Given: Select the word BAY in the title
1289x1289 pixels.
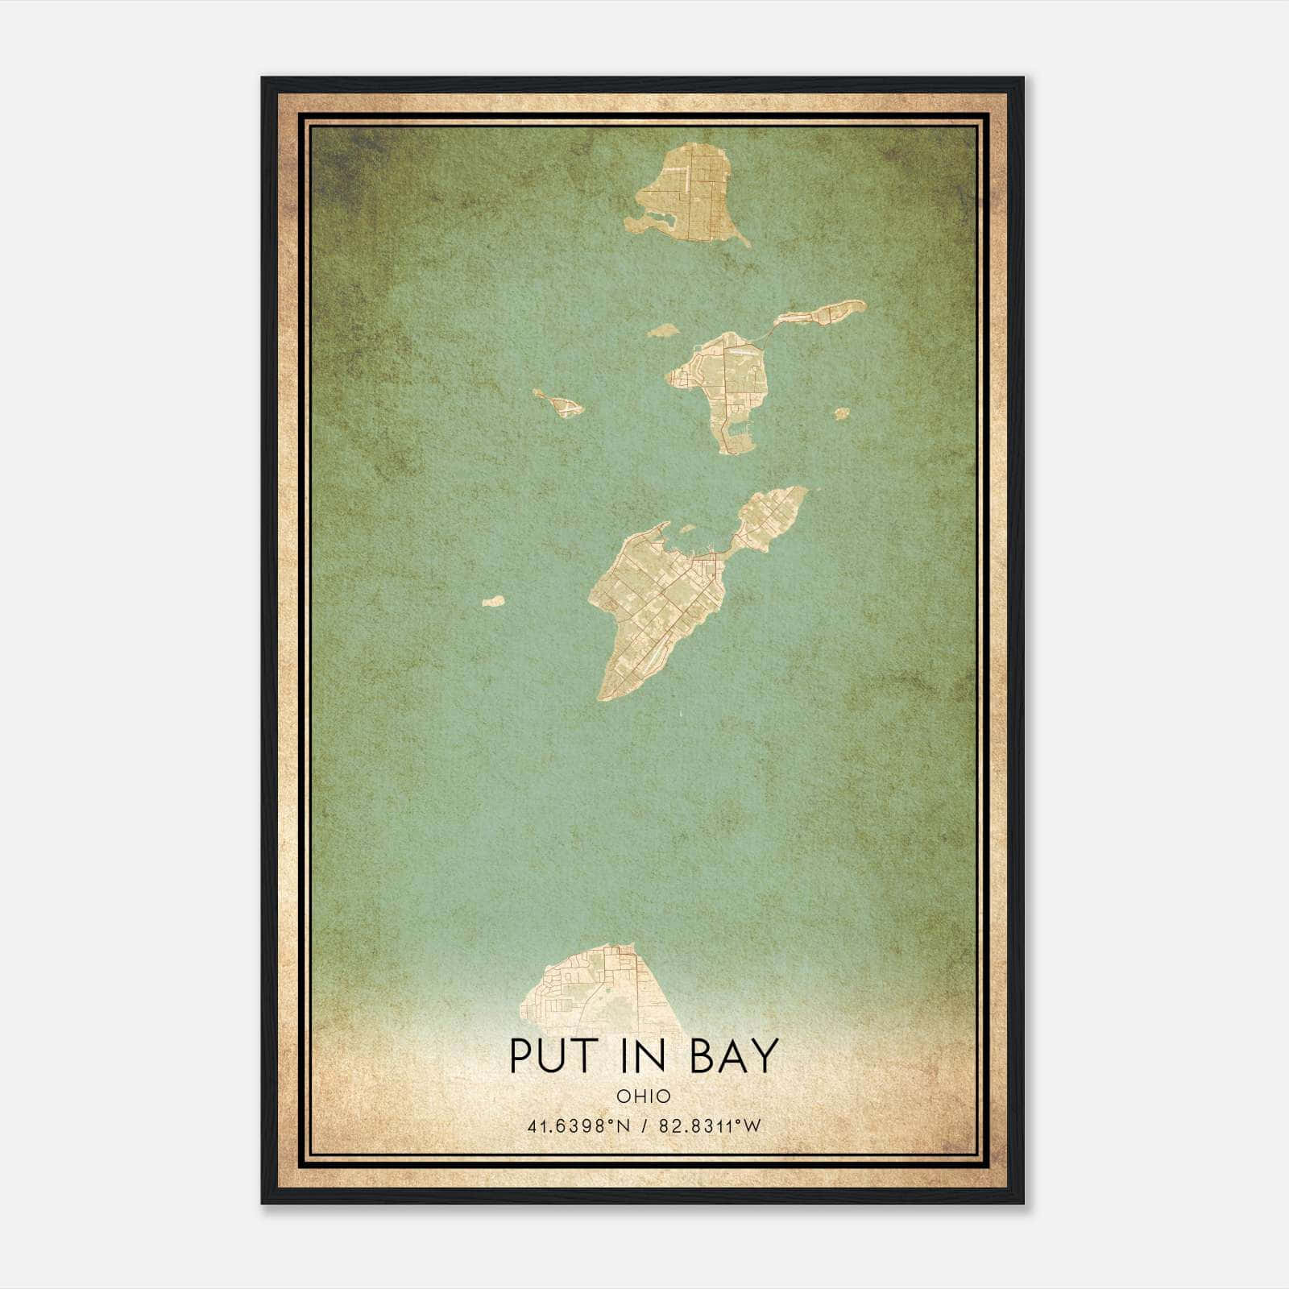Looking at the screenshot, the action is click(734, 1055).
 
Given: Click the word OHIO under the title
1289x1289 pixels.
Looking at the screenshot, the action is click(644, 1096).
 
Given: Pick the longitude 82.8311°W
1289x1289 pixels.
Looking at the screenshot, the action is click(710, 1126).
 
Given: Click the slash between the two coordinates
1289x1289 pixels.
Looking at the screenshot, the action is click(644, 1126).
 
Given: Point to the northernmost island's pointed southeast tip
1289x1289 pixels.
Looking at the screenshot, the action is click(745, 242).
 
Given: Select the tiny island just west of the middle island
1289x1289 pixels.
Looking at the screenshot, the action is click(661, 330).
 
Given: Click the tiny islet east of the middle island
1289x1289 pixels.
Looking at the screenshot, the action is click(841, 414).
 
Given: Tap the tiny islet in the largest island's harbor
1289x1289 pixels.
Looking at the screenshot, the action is click(687, 529).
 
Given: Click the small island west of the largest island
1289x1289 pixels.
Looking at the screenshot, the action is click(493, 601).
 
